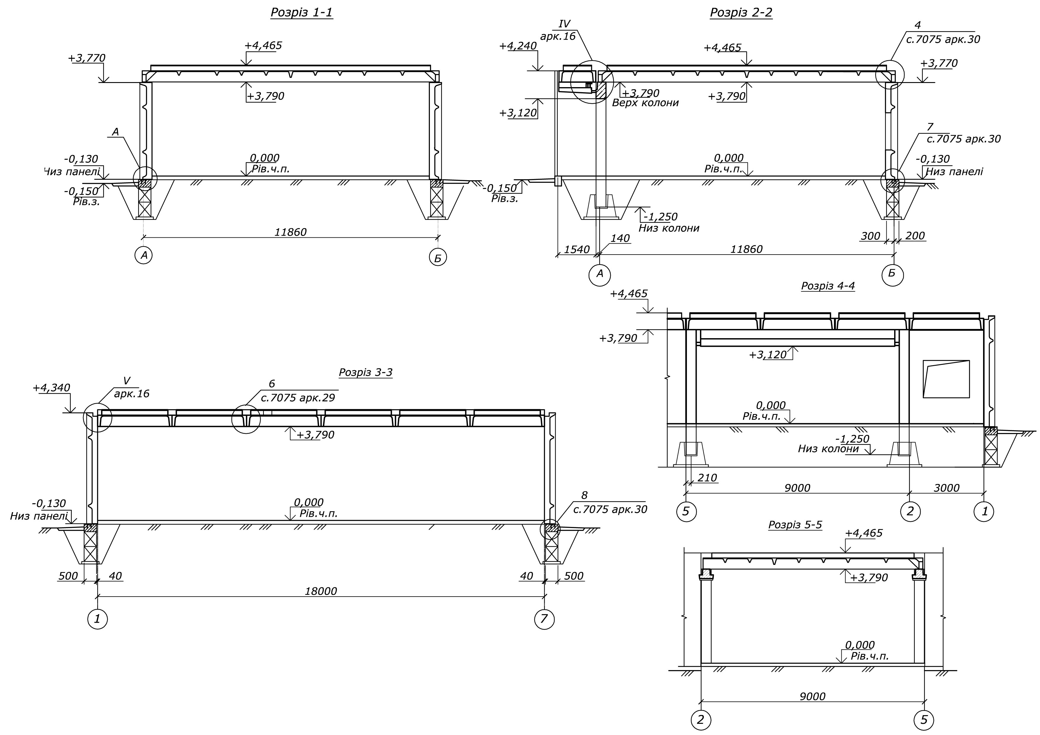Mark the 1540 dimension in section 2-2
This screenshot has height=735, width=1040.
tap(577, 250)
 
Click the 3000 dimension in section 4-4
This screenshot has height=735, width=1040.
tap(947, 488)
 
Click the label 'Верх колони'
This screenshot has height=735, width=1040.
tap(645, 103)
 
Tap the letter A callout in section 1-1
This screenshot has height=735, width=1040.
tap(116, 132)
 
